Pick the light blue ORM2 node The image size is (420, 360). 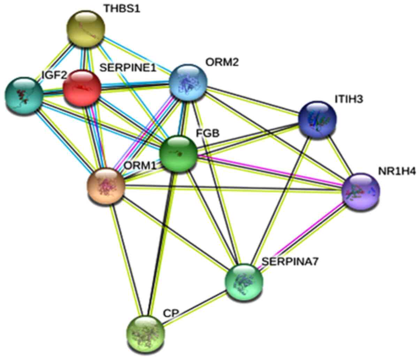188,83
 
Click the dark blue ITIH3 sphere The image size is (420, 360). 317,120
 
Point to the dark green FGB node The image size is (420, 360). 178,154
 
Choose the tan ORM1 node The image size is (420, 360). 106,185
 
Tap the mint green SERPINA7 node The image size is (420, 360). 244,281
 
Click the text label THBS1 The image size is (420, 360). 122,9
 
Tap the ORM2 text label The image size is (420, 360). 222,63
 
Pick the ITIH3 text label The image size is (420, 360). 349,99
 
